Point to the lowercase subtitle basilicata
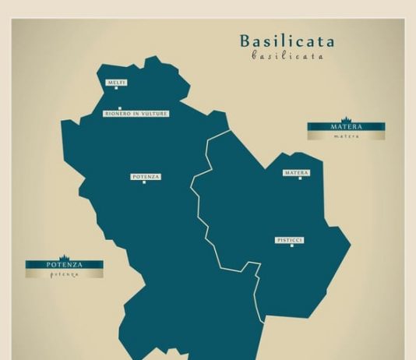pyautogui.click(x=287, y=56)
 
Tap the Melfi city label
pyautogui.click(x=117, y=82)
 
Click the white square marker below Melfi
pyautogui.click(x=117, y=88)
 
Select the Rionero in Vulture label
pyautogui.click(x=136, y=114)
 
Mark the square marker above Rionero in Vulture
pyautogui.click(x=119, y=108)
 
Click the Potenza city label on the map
pyautogui.click(x=146, y=177)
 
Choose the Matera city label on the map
pyautogui.click(x=296, y=172)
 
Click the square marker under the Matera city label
pyautogui.click(x=300, y=178)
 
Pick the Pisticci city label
pyautogui.click(x=290, y=241)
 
